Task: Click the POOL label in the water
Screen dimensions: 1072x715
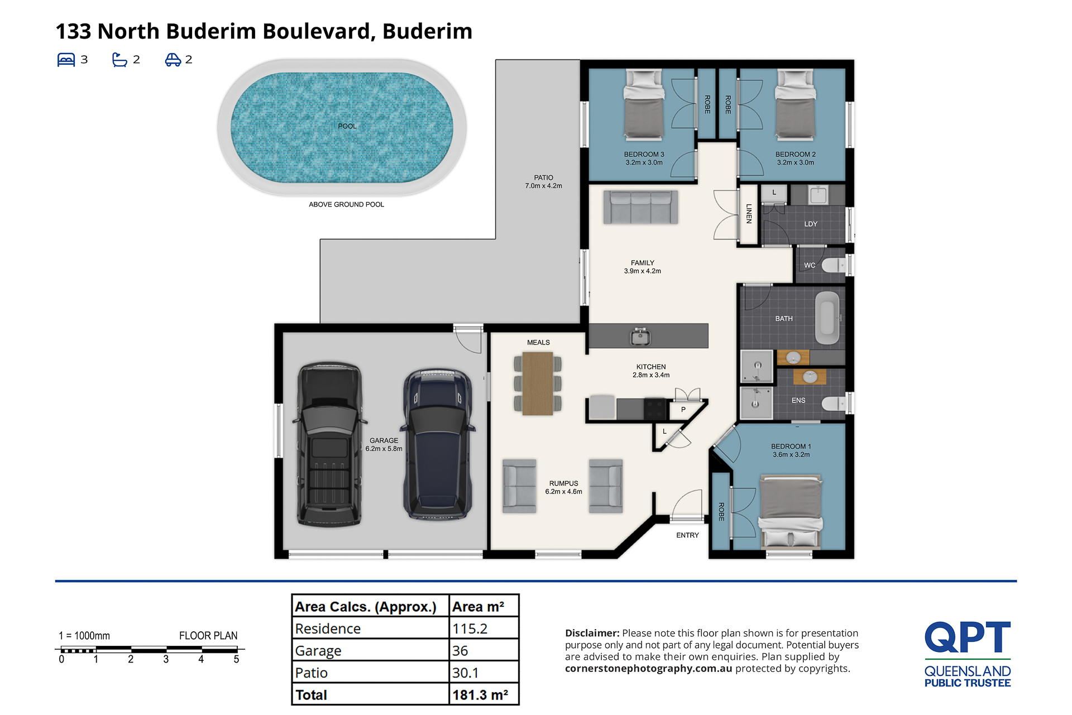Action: pos(347,126)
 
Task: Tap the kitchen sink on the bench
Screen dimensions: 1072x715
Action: pos(640,337)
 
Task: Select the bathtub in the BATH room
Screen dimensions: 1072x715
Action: pos(827,318)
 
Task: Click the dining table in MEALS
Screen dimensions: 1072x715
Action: pos(538,383)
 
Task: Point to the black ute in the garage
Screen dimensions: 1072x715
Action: pos(329,444)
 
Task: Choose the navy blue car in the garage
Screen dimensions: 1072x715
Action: pos(438,444)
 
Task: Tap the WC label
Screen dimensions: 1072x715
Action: pos(810,265)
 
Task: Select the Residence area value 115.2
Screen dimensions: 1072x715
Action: pos(470,628)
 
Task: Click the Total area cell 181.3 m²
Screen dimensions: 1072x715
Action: pos(480,695)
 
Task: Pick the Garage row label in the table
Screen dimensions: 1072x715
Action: pos(318,651)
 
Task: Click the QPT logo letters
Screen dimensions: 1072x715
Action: pos(968,637)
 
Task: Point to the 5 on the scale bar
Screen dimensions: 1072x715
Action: pos(236,659)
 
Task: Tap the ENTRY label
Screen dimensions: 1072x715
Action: pos(687,535)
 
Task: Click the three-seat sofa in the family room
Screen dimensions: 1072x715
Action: pos(640,207)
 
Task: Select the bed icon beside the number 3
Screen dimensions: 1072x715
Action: pos(66,60)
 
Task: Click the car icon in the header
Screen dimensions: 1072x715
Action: pos(173,60)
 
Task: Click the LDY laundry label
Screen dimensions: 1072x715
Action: pos(811,224)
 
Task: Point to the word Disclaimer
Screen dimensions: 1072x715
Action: pos(592,633)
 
